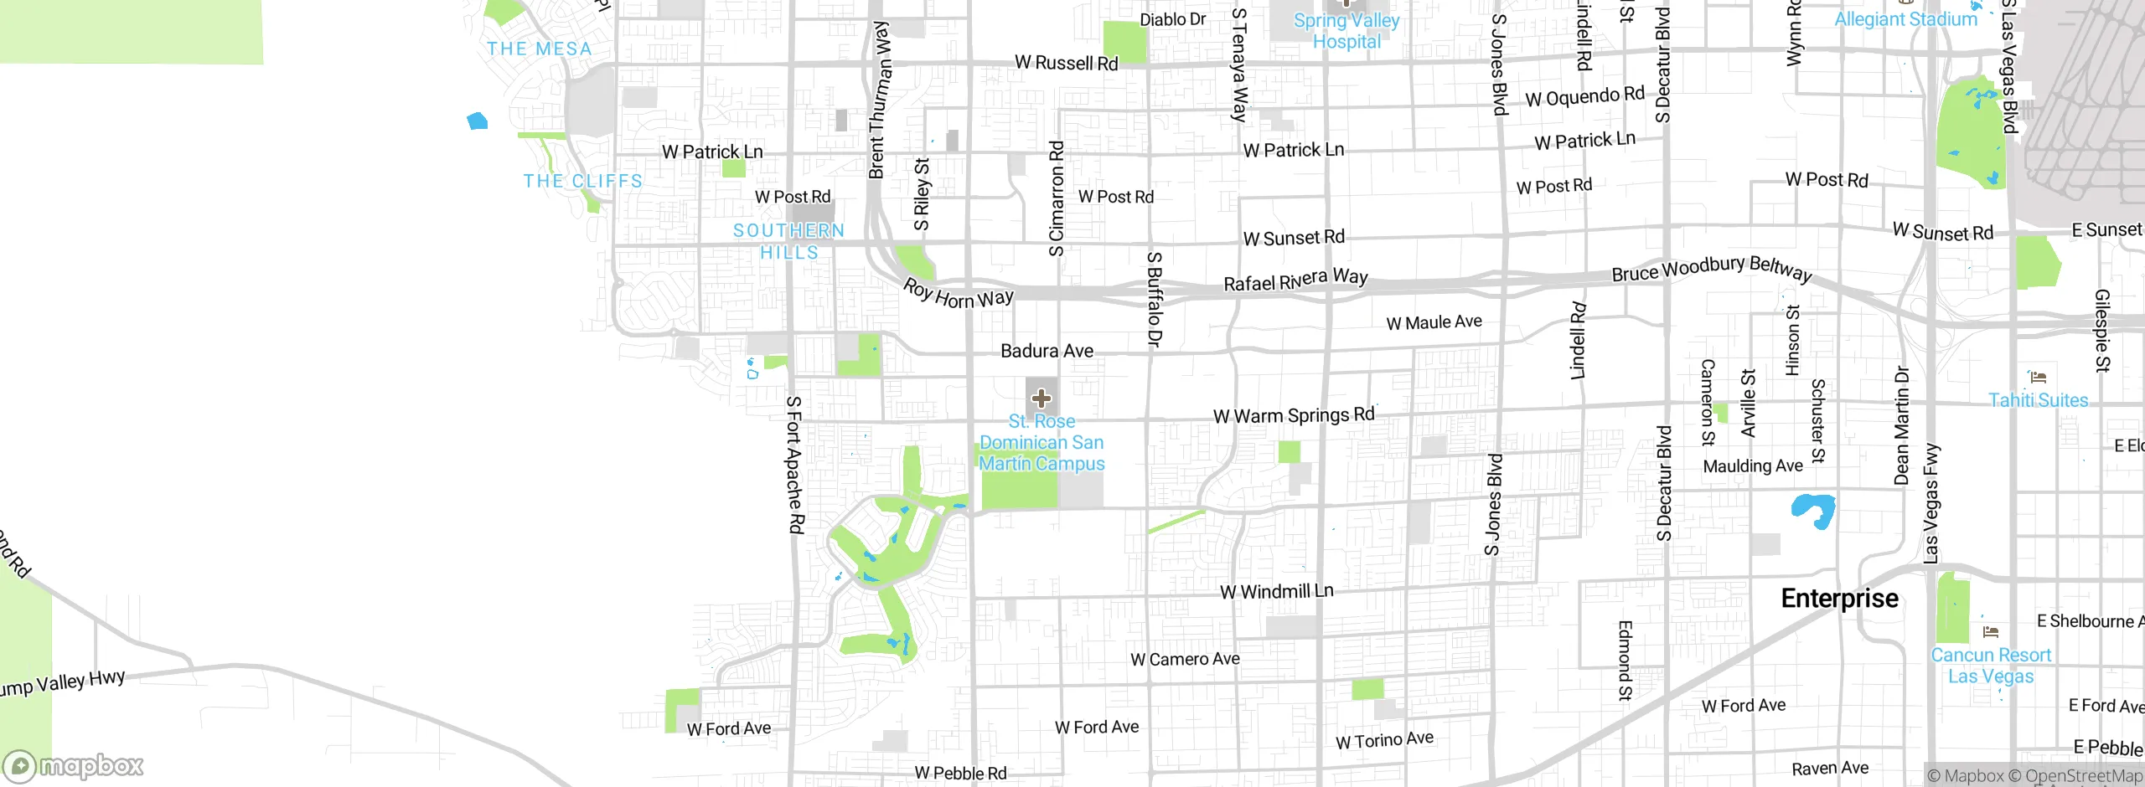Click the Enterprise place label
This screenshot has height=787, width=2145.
point(1839,599)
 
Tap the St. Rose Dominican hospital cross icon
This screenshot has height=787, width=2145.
point(1041,399)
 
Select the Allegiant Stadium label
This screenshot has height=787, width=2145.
point(1905,19)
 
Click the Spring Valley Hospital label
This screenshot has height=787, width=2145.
point(1346,31)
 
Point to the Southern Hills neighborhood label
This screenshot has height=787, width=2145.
point(788,241)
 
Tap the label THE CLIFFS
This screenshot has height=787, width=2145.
point(583,181)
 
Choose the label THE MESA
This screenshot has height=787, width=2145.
point(540,49)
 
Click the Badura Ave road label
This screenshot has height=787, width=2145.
point(1047,351)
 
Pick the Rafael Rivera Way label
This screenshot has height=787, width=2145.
point(1295,280)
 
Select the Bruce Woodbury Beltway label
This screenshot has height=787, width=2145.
point(1712,269)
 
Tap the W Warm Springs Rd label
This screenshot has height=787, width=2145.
point(1294,415)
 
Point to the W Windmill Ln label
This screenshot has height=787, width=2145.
point(1276,592)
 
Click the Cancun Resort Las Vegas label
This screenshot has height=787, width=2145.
point(1991,666)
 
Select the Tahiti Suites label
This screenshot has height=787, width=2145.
point(2038,400)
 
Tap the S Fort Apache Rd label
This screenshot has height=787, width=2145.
point(794,465)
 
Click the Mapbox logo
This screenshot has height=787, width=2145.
point(74,766)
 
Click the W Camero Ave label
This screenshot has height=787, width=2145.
point(1185,660)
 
